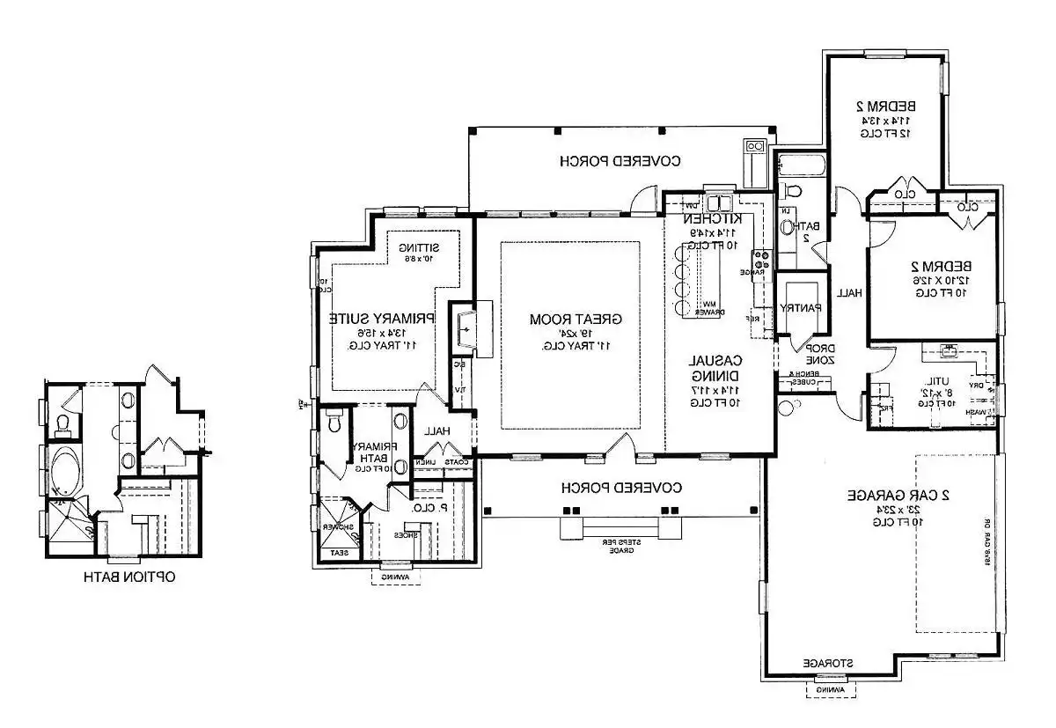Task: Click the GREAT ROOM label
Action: coord(570,318)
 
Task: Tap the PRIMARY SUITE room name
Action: coord(383,318)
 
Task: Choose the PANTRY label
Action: coord(801,307)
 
